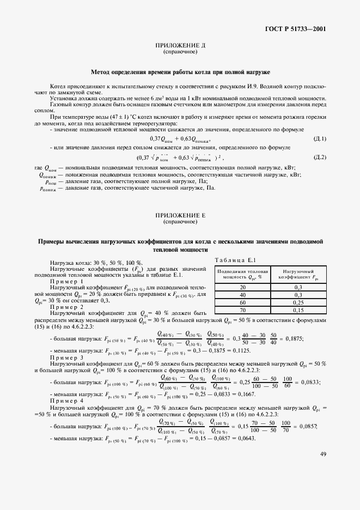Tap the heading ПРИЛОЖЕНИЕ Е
click(180, 216)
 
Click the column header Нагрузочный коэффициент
click(298, 274)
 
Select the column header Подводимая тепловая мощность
click(243, 274)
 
